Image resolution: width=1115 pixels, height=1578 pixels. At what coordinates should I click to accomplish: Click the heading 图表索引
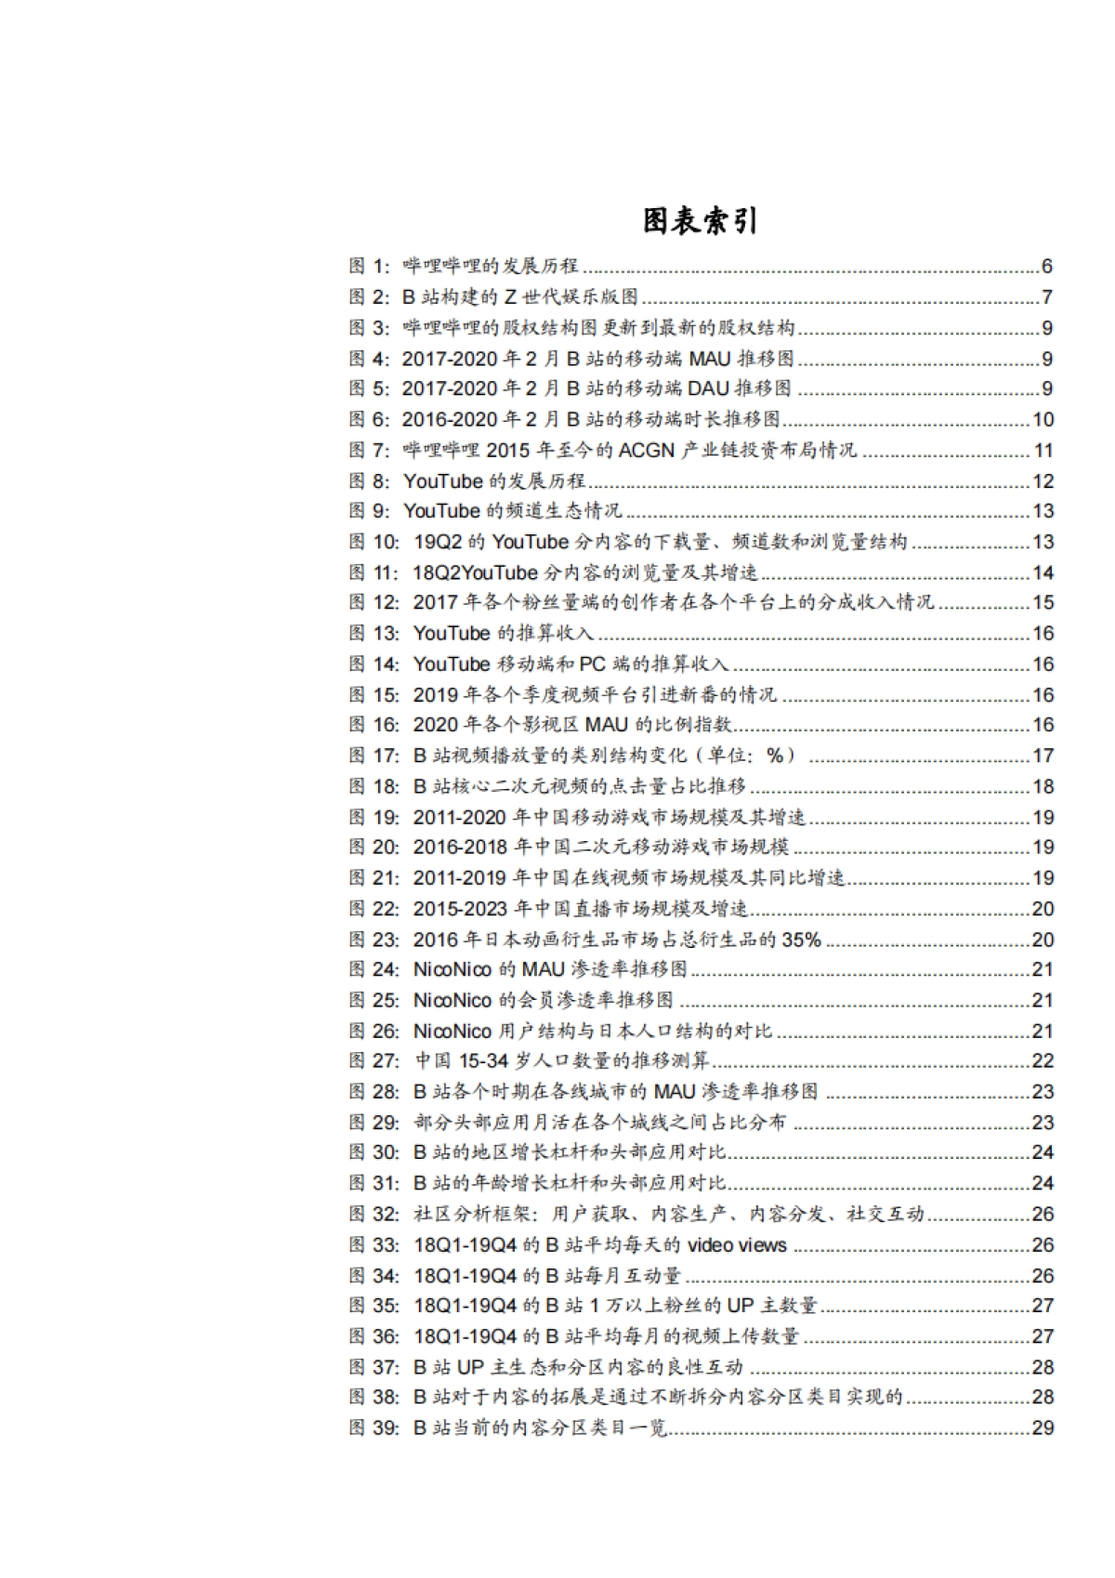click(700, 221)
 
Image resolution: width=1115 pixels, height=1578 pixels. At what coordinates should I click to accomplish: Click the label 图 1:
click(371, 267)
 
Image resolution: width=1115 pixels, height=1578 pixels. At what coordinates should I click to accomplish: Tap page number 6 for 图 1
click(1046, 267)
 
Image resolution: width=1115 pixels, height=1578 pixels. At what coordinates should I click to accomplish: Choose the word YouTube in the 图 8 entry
click(442, 481)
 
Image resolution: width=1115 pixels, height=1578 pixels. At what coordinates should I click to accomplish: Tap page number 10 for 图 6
click(1043, 420)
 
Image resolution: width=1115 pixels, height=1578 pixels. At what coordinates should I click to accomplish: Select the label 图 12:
click(375, 603)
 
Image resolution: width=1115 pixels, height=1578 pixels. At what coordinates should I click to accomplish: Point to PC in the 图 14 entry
click(592, 664)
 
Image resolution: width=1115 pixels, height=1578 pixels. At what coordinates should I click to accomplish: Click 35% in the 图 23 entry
click(801, 940)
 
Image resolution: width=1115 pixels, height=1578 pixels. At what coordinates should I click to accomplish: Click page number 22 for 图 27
click(1043, 1061)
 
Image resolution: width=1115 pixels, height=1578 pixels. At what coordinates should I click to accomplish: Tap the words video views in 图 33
click(737, 1245)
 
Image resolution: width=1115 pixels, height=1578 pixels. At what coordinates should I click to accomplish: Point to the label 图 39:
click(375, 1428)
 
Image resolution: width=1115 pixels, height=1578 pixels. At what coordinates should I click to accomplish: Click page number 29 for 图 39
click(1043, 1428)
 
